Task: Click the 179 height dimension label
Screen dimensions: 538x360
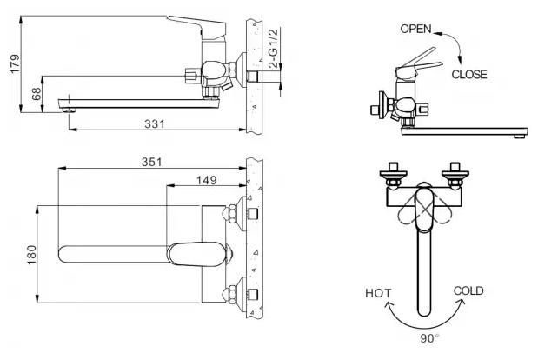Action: (16, 63)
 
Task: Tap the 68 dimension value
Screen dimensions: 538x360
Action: (37, 93)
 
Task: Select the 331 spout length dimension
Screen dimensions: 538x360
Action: (155, 123)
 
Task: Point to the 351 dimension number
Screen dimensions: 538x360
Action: (151, 162)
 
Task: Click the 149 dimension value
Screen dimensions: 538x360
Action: (207, 180)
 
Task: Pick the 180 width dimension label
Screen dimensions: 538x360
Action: (31, 255)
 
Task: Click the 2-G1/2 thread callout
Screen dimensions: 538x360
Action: (274, 49)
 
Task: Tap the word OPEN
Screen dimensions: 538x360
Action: (415, 29)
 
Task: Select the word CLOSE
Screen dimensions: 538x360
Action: (469, 75)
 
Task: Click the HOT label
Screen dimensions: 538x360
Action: (378, 293)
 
